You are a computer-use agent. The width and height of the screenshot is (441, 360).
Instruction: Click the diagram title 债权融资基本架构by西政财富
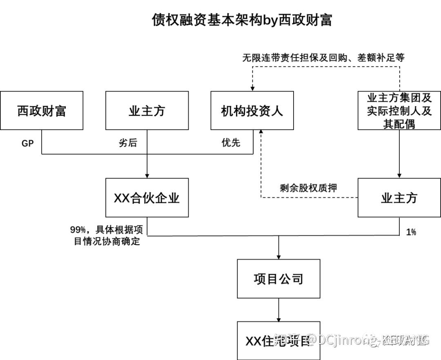tap(242, 20)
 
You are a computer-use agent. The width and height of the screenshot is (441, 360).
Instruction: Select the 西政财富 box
tap(42, 110)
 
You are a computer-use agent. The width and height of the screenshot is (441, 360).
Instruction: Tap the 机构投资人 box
tap(252, 110)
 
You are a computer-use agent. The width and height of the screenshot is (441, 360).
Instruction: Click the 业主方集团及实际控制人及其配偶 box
tap(399, 110)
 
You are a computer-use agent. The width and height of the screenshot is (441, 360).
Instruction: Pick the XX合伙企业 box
tap(147, 198)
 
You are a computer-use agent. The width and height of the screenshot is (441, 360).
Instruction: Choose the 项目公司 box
tap(278, 279)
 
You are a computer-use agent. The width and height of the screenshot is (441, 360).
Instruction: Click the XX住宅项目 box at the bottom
tap(278, 341)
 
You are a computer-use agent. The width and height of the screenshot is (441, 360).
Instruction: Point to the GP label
tap(27, 143)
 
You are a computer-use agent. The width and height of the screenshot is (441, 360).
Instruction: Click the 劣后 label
tap(128, 143)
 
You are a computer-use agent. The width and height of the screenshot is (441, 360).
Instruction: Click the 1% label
tap(411, 232)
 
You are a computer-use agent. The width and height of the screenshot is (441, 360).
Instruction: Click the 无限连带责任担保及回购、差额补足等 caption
tap(323, 58)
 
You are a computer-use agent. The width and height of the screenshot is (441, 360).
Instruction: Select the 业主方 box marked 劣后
tap(147, 110)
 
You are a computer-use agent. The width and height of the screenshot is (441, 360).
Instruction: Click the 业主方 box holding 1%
tap(399, 198)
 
